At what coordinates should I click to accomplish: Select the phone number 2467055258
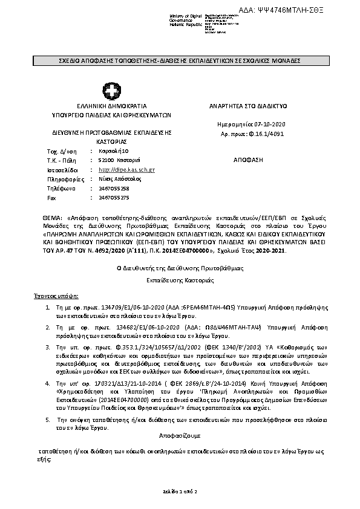point(113,189)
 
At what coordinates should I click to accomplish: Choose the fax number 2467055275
point(113,198)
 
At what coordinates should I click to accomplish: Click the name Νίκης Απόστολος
point(117,180)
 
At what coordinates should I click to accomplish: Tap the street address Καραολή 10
point(113,151)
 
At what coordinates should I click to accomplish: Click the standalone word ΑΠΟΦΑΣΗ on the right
point(248,160)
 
